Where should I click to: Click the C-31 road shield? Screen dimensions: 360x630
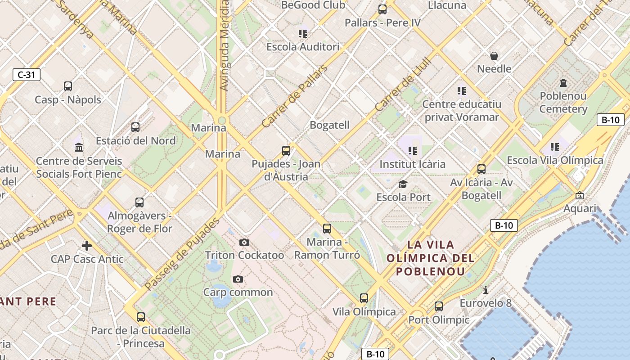click(x=27, y=75)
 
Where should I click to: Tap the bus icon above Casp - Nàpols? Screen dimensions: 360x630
click(x=68, y=86)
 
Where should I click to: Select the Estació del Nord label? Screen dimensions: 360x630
click(x=135, y=141)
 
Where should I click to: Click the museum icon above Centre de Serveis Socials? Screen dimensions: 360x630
click(x=79, y=147)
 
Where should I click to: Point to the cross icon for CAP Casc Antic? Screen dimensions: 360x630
click(x=87, y=245)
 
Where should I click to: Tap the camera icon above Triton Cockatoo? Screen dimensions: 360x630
click(x=244, y=243)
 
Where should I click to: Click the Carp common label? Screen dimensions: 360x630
click(x=238, y=292)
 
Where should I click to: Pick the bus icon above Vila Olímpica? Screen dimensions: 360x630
click(x=364, y=298)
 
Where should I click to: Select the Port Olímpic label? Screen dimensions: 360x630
click(x=439, y=320)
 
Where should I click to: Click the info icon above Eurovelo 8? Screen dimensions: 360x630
click(x=485, y=290)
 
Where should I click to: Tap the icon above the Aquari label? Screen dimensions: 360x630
click(x=580, y=195)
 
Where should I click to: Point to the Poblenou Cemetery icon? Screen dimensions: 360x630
click(x=563, y=83)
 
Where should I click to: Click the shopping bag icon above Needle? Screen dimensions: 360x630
click(x=494, y=56)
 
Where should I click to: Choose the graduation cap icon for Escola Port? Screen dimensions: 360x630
click(x=403, y=184)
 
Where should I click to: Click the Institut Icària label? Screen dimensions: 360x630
click(x=412, y=164)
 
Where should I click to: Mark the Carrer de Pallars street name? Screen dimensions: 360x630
click(x=295, y=96)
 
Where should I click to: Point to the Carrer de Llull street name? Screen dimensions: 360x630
click(x=403, y=84)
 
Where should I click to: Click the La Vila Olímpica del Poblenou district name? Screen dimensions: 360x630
click(x=431, y=258)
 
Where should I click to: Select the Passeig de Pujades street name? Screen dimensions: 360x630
click(x=182, y=254)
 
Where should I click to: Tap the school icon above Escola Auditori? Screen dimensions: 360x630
click(x=303, y=34)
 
